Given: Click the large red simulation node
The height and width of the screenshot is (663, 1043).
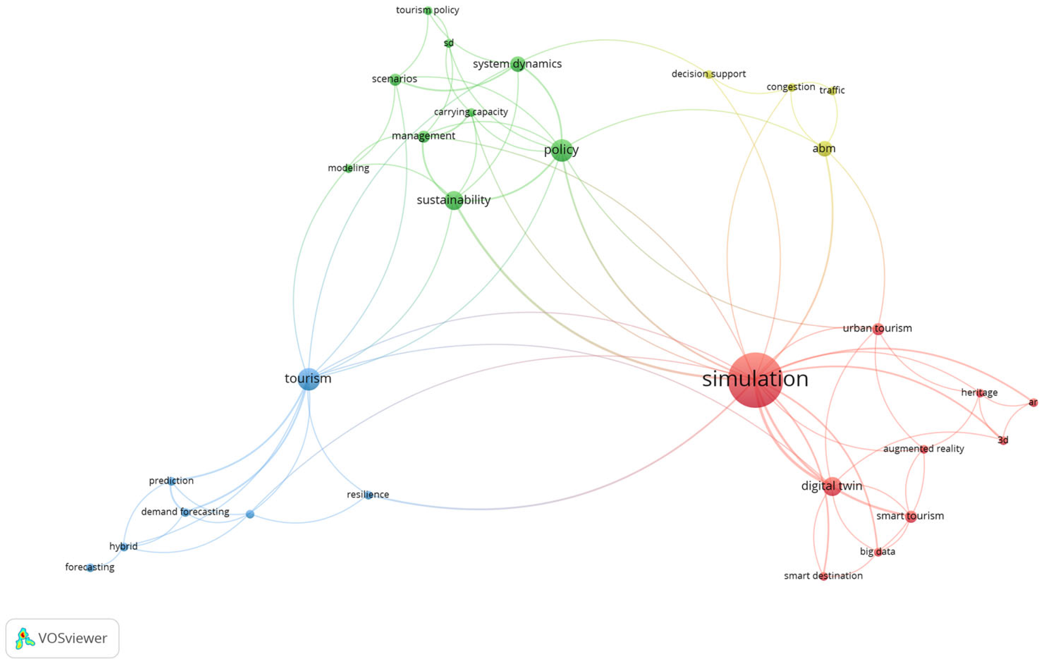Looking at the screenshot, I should (755, 380).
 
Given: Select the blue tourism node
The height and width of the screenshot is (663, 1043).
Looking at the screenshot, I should (308, 379).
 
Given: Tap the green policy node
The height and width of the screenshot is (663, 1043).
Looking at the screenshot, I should (562, 150).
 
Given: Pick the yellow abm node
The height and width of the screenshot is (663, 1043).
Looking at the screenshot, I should (824, 149).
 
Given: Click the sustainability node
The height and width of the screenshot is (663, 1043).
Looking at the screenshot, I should (453, 200).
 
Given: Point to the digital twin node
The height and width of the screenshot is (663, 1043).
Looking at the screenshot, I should (832, 486).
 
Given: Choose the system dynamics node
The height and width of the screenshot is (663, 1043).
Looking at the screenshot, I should (518, 64).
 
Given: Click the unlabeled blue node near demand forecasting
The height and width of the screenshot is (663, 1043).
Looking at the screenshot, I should (250, 514).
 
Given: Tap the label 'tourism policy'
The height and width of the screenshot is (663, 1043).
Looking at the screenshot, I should (427, 10).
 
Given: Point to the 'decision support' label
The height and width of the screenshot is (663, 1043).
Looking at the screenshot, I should (708, 74).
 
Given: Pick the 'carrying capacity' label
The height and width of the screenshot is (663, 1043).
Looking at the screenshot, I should (471, 112).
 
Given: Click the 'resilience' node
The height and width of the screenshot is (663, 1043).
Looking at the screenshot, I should (368, 494).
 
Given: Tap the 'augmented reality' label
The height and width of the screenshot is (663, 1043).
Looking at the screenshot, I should (923, 449).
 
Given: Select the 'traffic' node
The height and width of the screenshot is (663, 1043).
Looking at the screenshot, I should (832, 91).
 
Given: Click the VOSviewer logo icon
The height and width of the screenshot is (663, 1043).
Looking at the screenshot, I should (25, 638).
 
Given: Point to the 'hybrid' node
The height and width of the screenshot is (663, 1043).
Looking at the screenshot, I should (124, 547).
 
